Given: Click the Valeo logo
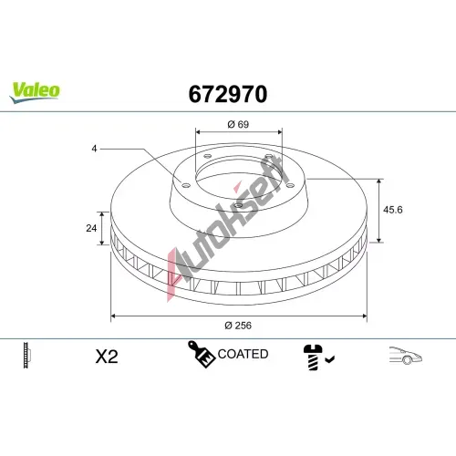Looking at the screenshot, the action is [35, 92].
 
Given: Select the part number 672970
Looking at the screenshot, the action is [228, 94].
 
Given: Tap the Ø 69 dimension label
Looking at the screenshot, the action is [238, 124].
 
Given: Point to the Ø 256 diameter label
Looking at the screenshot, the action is [238, 326].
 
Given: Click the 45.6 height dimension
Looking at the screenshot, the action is [393, 210].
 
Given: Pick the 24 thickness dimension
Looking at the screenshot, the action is [91, 228].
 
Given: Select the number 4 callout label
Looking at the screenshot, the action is [94, 149].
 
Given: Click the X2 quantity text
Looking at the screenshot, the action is [107, 357].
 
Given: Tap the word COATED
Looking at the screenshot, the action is [243, 354].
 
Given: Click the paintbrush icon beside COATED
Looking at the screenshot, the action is [201, 354].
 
